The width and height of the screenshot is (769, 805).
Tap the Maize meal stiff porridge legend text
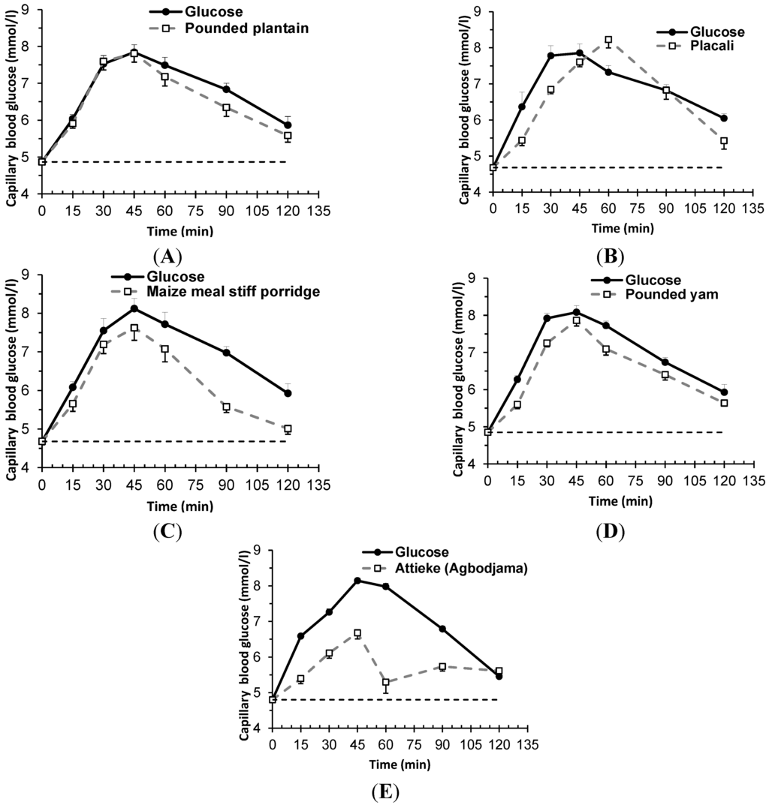click(x=239, y=291)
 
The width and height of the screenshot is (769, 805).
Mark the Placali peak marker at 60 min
click(x=608, y=41)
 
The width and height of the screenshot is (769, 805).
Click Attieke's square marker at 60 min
click(x=386, y=683)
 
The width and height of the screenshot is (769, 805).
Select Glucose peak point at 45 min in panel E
click(x=357, y=580)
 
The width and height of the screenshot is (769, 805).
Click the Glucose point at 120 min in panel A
click(x=288, y=125)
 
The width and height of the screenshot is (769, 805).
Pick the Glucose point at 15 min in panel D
click(x=517, y=380)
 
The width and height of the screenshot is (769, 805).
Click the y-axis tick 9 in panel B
click(x=478, y=11)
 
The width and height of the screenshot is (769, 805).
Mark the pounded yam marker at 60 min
click(x=606, y=349)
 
